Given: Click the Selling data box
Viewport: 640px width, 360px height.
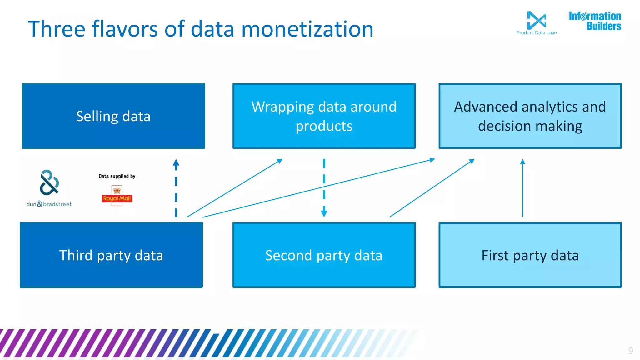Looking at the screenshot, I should click(x=113, y=116).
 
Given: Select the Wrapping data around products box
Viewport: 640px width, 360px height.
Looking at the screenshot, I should click(x=324, y=116).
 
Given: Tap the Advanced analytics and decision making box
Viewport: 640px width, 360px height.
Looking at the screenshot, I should click(x=530, y=116).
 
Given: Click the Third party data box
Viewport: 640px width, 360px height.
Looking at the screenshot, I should click(x=111, y=255).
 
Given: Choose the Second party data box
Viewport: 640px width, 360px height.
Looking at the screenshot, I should click(x=324, y=255).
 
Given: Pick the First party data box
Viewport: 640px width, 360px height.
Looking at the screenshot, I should click(x=530, y=255).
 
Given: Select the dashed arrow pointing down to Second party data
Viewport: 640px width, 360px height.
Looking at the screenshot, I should click(x=324, y=187).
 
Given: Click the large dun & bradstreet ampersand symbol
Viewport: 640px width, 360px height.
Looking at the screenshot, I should click(x=49, y=182).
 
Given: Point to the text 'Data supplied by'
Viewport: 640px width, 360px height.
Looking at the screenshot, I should click(x=117, y=176).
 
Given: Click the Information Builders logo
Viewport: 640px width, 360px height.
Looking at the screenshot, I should click(x=595, y=21).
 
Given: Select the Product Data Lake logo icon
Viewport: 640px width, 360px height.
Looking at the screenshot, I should click(x=536, y=20).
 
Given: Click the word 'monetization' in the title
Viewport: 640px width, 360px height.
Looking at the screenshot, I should click(x=307, y=29).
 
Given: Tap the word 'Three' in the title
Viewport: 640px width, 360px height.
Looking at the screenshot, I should click(x=57, y=29).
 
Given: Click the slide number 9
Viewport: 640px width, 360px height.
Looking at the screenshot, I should click(x=631, y=351).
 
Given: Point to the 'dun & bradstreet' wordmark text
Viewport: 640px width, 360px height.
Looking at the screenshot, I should click(x=49, y=204).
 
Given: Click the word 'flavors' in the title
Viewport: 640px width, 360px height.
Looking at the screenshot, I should click(x=125, y=29).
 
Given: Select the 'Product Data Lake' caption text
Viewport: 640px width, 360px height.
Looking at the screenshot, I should click(x=537, y=33).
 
